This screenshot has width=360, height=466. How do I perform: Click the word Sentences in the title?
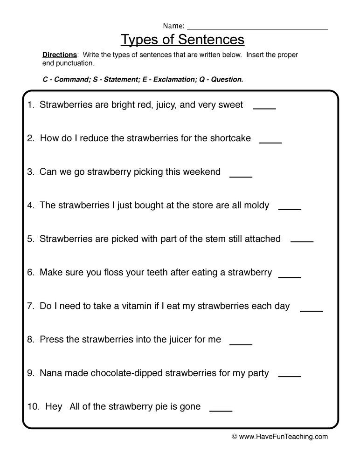pos(208,40)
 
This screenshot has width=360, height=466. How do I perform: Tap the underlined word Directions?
pos(60,55)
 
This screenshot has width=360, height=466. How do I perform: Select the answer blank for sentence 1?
pos(264,107)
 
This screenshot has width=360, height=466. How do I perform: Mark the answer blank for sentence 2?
pos(270,141)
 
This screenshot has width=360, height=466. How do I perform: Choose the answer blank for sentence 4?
pos(290,208)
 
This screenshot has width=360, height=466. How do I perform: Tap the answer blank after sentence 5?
pos(302,241)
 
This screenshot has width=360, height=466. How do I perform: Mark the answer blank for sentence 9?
pos(290,376)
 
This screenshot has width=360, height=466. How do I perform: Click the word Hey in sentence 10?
pos(54,407)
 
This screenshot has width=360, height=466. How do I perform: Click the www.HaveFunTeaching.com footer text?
pos(284,437)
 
